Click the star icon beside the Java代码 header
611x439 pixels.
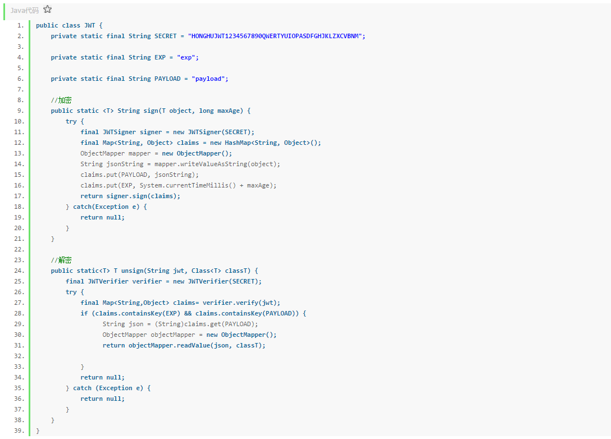(x=48, y=10)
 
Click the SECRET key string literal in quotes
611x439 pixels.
(x=276, y=36)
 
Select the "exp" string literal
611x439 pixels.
(x=188, y=57)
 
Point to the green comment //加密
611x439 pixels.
(x=61, y=100)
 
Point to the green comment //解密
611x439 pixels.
(x=61, y=260)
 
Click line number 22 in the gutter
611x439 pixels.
(x=20, y=249)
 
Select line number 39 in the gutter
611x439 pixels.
(x=20, y=431)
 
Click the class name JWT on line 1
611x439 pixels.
(x=89, y=25)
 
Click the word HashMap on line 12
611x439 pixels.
(x=236, y=143)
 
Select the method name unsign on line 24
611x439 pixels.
(x=132, y=271)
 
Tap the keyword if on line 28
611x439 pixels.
(x=84, y=313)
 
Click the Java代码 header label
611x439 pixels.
(x=25, y=10)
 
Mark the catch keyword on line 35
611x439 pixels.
(x=82, y=388)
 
